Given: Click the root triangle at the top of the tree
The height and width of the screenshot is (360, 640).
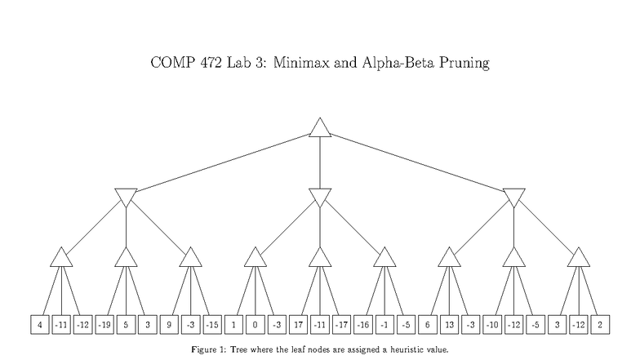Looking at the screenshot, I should [319, 128].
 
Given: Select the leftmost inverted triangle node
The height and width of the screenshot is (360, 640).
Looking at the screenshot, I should [126, 196].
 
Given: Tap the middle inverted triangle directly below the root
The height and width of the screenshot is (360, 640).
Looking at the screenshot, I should [319, 196].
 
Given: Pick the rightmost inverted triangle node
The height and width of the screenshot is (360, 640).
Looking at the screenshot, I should [513, 196].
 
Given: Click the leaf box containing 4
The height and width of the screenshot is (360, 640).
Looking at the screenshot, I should [39, 324].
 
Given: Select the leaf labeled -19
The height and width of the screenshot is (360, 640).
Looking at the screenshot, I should [104, 324].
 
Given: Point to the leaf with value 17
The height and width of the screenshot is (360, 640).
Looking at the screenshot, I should [298, 324].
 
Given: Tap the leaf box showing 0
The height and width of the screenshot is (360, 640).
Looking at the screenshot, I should [255, 324].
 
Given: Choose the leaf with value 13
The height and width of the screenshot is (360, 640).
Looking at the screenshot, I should [449, 324].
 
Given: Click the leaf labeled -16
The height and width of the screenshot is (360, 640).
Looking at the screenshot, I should [363, 324].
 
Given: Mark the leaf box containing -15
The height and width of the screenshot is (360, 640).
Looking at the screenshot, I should [211, 324].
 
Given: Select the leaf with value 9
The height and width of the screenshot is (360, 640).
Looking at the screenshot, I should [169, 324].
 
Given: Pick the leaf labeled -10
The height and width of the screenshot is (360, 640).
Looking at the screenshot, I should [492, 324].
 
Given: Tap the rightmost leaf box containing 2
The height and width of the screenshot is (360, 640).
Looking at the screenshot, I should [600, 324].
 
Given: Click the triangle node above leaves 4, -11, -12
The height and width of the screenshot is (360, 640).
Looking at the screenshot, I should [61, 257].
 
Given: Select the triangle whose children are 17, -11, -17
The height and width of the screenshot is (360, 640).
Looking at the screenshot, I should [319, 257].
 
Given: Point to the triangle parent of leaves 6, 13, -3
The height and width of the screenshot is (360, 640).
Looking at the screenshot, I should [448, 257].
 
